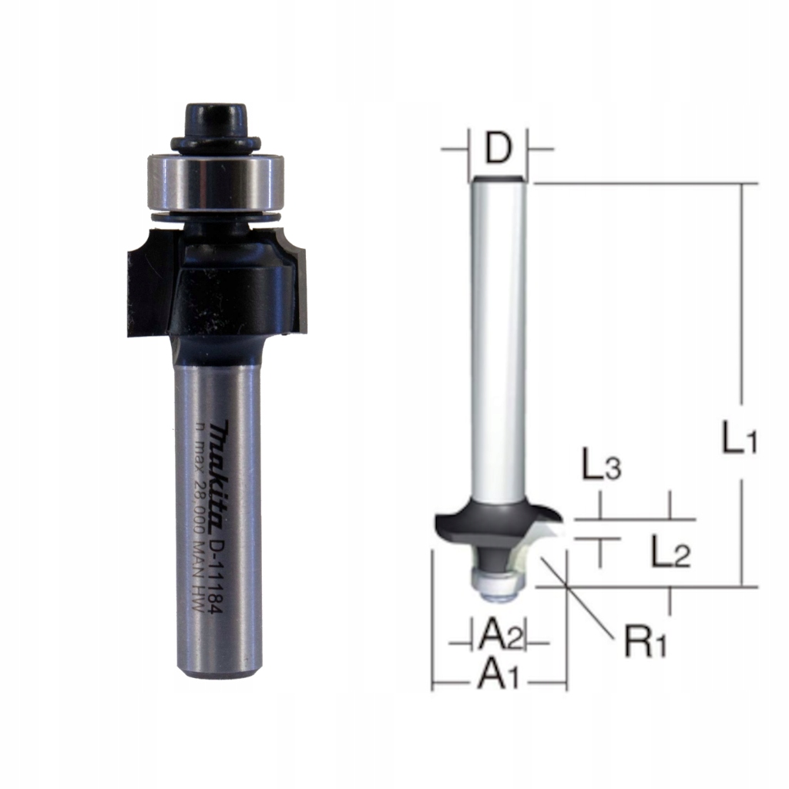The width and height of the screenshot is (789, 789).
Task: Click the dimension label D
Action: pyautogui.click(x=499, y=149)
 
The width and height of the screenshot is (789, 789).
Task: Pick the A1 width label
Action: pyautogui.click(x=499, y=676)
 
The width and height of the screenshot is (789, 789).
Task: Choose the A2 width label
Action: pyautogui.click(x=501, y=636)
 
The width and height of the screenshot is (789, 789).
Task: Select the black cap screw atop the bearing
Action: pyautogui.click(x=215, y=123)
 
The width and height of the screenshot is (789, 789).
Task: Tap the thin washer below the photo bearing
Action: pyautogui.click(x=216, y=217)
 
